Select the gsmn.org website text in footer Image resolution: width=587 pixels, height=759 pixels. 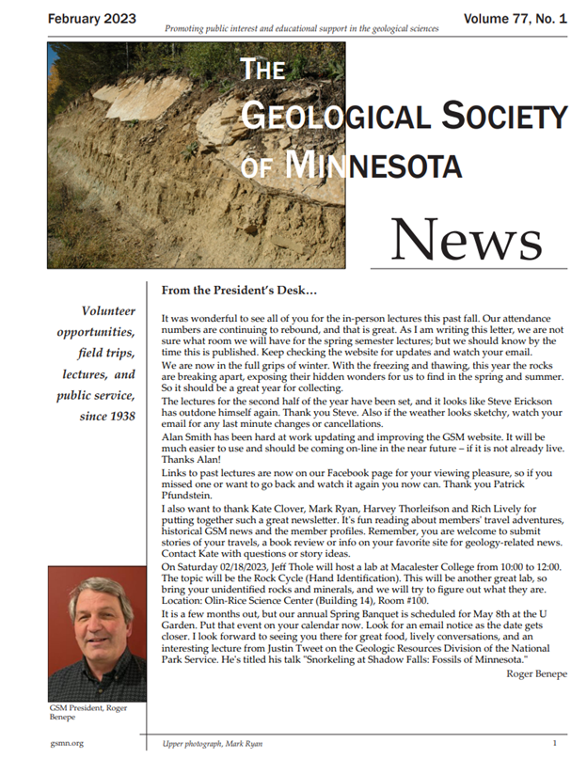click(x=69, y=743)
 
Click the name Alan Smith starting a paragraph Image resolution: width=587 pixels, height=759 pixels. click(x=193, y=463)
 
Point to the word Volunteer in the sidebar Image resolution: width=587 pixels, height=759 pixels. click(x=108, y=311)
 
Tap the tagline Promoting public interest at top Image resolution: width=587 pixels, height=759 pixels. click(x=301, y=29)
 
